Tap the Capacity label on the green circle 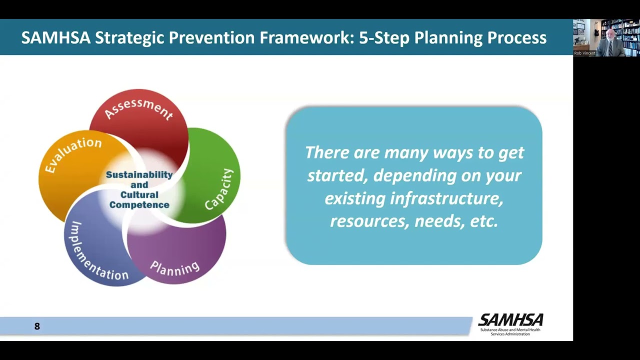point(219,189)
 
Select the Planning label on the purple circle point(175,268)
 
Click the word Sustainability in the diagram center point(139,175)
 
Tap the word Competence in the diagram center point(139,205)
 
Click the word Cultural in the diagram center point(139,195)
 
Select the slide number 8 point(37,326)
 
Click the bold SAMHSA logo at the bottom point(510,319)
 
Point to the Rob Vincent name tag point(584,53)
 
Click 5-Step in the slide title point(384,38)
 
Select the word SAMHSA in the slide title point(56,37)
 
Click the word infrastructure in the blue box point(446,198)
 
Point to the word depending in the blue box point(415,175)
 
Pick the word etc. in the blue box point(484,221)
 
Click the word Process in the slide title point(517,37)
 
